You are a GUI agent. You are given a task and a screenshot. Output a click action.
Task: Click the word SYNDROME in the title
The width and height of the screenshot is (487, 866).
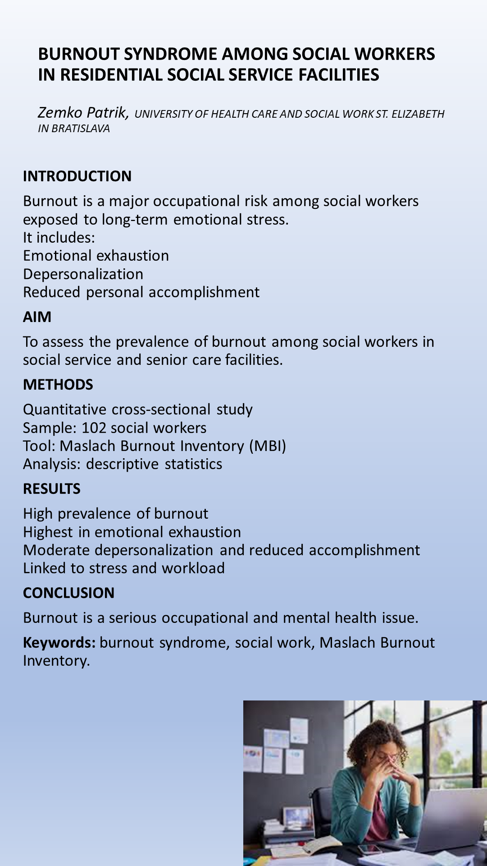click(x=171, y=54)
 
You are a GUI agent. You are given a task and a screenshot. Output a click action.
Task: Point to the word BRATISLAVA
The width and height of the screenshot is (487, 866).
click(x=81, y=129)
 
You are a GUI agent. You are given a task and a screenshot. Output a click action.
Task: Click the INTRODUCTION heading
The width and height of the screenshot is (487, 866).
click(x=77, y=176)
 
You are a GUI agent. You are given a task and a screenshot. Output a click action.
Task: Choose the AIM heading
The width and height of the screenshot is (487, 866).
click(x=37, y=317)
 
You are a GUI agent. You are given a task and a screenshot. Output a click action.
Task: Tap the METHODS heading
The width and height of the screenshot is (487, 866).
click(x=58, y=385)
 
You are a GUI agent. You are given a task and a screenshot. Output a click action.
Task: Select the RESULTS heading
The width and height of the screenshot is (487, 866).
click(x=52, y=489)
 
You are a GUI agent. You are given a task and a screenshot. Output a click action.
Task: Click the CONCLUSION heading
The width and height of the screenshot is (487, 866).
click(x=68, y=593)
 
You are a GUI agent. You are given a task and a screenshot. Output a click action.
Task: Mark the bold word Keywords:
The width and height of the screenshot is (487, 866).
click(x=59, y=642)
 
